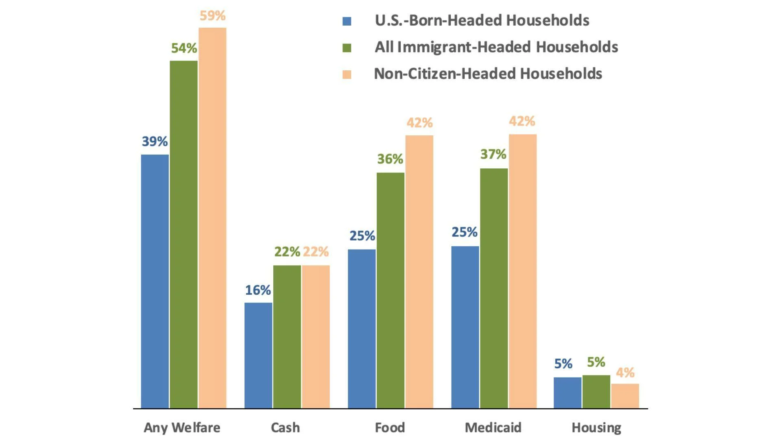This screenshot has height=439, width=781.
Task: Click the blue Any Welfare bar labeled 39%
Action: [155, 281]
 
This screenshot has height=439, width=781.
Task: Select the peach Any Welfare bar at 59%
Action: [212, 218]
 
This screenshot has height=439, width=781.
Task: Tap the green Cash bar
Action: [287, 337]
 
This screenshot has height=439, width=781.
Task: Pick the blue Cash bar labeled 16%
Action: [258, 355]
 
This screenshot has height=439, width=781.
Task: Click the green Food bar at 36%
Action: [390, 290]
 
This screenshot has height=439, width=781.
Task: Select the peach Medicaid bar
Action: [522, 271]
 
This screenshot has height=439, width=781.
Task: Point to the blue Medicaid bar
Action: [465, 327]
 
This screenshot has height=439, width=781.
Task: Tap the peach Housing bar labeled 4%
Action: [625, 396]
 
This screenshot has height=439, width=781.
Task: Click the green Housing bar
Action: [596, 391]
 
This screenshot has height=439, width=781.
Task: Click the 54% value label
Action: [184, 48]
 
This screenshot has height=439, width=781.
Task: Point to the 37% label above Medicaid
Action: [493, 154]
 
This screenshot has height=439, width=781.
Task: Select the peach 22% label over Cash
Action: [316, 252]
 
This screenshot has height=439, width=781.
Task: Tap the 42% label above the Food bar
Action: [419, 122]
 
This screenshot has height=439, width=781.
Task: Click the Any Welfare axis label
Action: [182, 427]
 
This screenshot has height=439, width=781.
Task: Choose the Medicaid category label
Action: [493, 427]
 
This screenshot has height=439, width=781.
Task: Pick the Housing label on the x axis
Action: [596, 427]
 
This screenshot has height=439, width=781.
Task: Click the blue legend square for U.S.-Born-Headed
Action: [347, 21]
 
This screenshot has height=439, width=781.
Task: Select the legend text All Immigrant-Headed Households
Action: [496, 47]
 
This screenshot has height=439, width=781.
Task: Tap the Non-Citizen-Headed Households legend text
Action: [488, 74]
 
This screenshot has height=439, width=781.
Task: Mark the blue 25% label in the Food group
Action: [362, 236]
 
